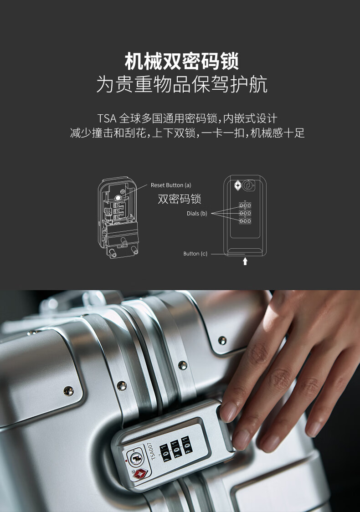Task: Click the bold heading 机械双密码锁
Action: coord(182,61)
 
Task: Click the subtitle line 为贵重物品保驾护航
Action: coord(182,84)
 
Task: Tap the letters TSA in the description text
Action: coord(107,118)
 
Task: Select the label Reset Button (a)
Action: coord(171,185)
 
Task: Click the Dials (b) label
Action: coord(197,214)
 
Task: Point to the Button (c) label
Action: coord(195,254)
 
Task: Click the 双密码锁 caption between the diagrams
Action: coord(180,199)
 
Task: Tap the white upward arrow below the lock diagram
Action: coord(245,261)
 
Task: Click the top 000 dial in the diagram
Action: coord(245,205)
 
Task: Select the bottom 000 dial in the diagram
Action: coord(245,221)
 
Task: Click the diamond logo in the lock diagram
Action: coord(238,186)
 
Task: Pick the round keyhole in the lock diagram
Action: coord(248,185)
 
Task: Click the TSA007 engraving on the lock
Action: coord(153,451)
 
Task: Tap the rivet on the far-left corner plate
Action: coord(69,390)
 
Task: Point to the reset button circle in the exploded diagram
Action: coord(118,198)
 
